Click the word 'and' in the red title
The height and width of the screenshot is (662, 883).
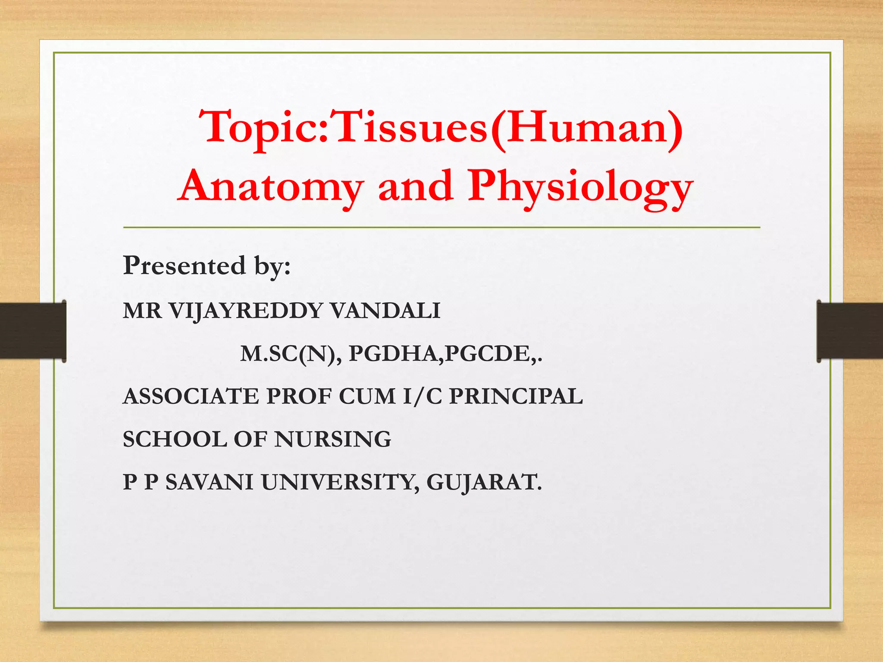pos(416,186)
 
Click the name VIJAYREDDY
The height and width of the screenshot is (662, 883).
pos(245,311)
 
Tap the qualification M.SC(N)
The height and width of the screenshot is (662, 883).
pos(288,354)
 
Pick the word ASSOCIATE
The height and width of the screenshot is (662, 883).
pos(191,396)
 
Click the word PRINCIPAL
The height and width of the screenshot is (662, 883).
pos(516,396)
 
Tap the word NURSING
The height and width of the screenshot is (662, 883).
pos(332,439)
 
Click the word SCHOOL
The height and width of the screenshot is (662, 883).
pos(175,439)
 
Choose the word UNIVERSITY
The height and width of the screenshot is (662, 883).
pos(340,482)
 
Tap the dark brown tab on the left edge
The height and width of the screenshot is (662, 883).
pos(32,331)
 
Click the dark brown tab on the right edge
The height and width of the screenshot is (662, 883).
pos(849,331)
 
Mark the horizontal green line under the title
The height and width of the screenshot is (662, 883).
pos(441,227)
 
